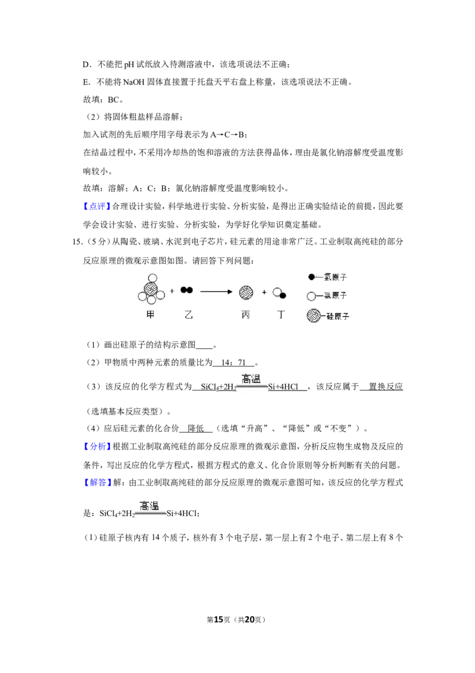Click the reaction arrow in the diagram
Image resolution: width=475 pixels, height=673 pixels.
click(216, 292)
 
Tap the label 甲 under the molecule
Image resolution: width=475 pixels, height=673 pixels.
click(150, 315)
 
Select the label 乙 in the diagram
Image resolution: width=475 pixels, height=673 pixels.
click(189, 315)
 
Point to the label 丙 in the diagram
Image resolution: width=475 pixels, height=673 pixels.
click(246, 315)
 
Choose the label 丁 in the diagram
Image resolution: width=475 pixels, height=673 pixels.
click(281, 315)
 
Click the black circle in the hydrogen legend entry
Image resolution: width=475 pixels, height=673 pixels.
click(312, 277)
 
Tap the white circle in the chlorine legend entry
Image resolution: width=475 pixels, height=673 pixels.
click(311, 295)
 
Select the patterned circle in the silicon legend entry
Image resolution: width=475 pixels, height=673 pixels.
click(313, 316)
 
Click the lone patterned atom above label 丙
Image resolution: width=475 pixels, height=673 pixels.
click(246, 293)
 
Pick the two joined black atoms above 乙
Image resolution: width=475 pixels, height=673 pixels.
click(186, 290)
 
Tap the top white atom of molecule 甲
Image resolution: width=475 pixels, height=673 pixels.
click(152, 278)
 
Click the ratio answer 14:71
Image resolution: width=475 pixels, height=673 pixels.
click(233, 363)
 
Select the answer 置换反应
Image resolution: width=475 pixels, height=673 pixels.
click(385, 386)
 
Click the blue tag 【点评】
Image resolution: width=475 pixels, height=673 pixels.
click(97, 206)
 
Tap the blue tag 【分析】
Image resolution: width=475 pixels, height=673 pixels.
click(97, 447)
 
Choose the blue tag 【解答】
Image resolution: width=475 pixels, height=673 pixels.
click(97, 483)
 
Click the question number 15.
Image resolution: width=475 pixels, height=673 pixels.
click(78, 241)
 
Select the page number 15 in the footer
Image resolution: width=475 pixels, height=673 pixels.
click(218, 619)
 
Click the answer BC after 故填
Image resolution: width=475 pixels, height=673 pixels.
click(113, 99)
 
